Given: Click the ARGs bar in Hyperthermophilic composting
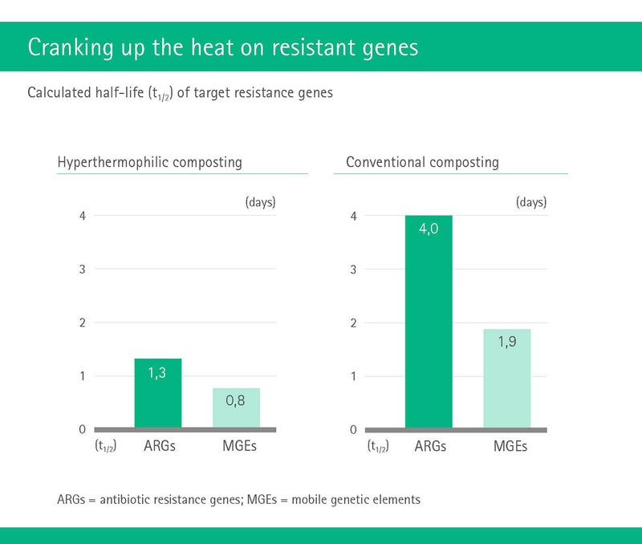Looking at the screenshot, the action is tap(158, 393).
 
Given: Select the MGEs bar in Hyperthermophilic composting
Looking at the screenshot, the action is tap(236, 408).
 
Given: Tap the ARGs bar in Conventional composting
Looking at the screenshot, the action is tap(429, 321).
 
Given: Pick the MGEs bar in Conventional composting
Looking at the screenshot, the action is tap(507, 378).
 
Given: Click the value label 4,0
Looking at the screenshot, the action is tap(429, 229).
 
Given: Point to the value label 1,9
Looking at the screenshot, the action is tap(507, 342).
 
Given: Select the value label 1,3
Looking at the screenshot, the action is tap(156, 373).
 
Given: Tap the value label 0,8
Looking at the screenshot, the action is tap(235, 400).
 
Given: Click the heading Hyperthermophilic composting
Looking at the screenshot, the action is tap(150, 162).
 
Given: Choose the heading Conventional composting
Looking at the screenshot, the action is tap(423, 162).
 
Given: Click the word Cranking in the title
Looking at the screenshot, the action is tap(71, 47).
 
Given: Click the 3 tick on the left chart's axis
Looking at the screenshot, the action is tap(83, 270).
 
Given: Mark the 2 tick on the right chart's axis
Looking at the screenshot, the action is tap(353, 323).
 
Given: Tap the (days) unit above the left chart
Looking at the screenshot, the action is tap(260, 202).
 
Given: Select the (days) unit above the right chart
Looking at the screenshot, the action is tap(531, 202).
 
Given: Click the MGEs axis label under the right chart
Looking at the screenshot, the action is tap(510, 446).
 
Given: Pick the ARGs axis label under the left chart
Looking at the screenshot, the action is tap(159, 446).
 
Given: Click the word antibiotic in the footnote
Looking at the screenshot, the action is tap(125, 500).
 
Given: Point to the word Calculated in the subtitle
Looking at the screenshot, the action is tap(59, 92).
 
